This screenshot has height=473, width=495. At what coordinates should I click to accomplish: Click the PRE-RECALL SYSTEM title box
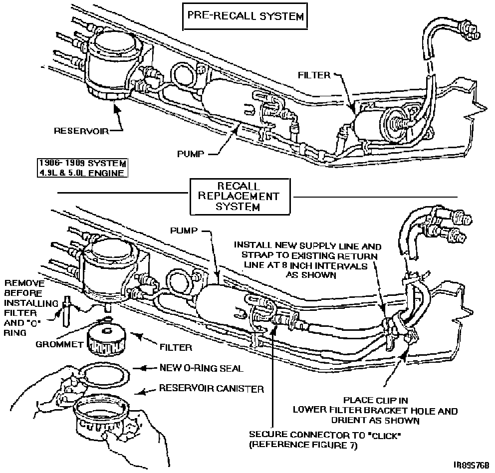[x=245, y=17]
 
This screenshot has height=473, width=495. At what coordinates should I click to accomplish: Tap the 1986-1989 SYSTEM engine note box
[x=83, y=168]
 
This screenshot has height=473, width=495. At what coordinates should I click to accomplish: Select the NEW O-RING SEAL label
[x=201, y=368]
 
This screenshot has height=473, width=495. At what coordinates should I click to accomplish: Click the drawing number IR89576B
[x=471, y=464]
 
